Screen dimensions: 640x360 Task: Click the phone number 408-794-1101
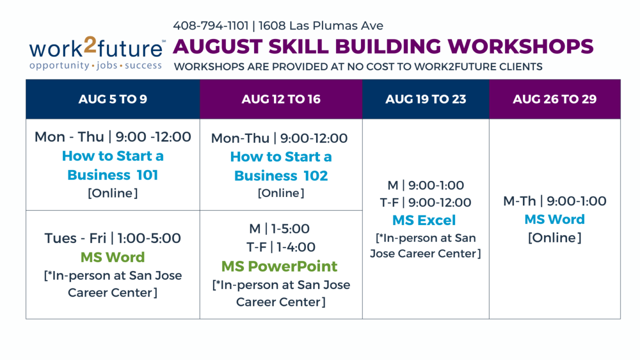211,25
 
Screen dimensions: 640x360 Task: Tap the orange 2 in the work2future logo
90,44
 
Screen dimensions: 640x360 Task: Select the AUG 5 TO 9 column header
113,99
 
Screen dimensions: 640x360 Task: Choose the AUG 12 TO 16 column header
281,99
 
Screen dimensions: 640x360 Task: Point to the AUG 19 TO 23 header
425,99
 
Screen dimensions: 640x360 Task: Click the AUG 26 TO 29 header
555,99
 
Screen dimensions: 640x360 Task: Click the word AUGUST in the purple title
217,46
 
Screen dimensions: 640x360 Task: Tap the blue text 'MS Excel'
424,220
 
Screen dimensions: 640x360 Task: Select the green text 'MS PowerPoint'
279,266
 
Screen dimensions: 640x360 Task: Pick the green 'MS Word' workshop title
112,257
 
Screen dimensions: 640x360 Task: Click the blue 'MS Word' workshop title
554,219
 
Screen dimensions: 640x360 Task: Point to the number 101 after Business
147,175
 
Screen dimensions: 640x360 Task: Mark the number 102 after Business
315,175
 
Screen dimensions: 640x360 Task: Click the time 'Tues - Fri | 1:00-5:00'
112,238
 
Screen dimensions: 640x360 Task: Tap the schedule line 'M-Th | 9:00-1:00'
554,201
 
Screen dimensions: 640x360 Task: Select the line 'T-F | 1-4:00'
281,247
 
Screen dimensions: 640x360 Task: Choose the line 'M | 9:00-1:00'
425,185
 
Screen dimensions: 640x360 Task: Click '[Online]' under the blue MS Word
554,237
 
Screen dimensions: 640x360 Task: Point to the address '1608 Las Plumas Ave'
321,25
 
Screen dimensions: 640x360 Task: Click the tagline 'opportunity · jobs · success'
95,65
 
